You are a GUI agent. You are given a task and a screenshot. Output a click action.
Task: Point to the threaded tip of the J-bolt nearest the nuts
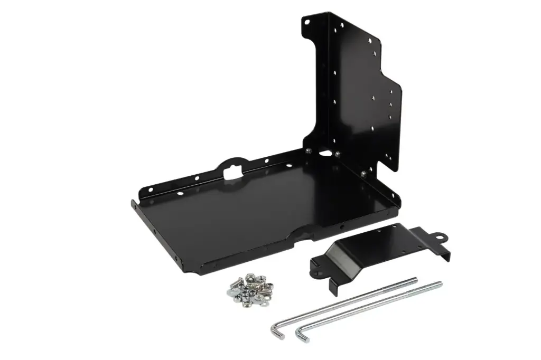point(413,279)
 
